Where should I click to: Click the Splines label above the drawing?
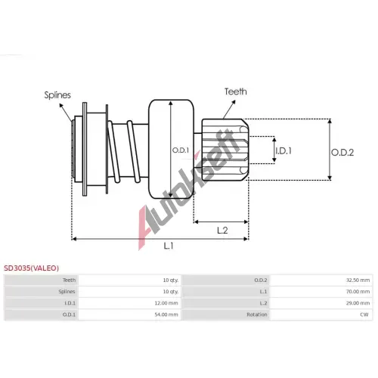coord(57,95)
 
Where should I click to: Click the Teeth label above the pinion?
coord(236,91)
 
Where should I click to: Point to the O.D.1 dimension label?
coord(181,150)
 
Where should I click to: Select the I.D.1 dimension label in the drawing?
coord(283,151)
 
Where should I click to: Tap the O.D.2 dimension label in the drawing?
coord(342,153)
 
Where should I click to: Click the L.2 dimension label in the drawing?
coord(222,231)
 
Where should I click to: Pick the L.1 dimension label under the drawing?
coord(169,246)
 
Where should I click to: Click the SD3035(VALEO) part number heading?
coord(31,268)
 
